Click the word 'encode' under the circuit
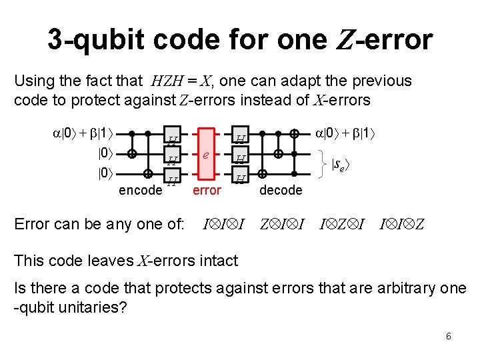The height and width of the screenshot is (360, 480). tap(140, 190)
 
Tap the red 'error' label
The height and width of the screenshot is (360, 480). tap(207, 190)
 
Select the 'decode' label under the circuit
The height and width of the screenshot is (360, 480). tap(281, 190)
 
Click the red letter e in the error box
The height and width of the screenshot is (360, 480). tap(207, 154)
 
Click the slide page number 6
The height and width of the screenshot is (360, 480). tap(449, 336)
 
